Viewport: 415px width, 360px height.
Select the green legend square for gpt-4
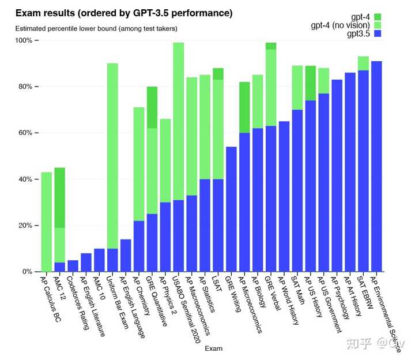click(378, 17)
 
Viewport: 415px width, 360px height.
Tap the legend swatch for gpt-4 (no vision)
click(378, 25)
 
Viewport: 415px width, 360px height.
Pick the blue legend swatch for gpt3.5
click(378, 34)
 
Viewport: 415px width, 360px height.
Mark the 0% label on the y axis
click(28, 271)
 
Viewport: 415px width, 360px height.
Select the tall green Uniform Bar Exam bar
click(112, 156)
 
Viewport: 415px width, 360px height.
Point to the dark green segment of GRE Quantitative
click(152, 107)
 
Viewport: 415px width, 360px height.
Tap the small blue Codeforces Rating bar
click(73, 266)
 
